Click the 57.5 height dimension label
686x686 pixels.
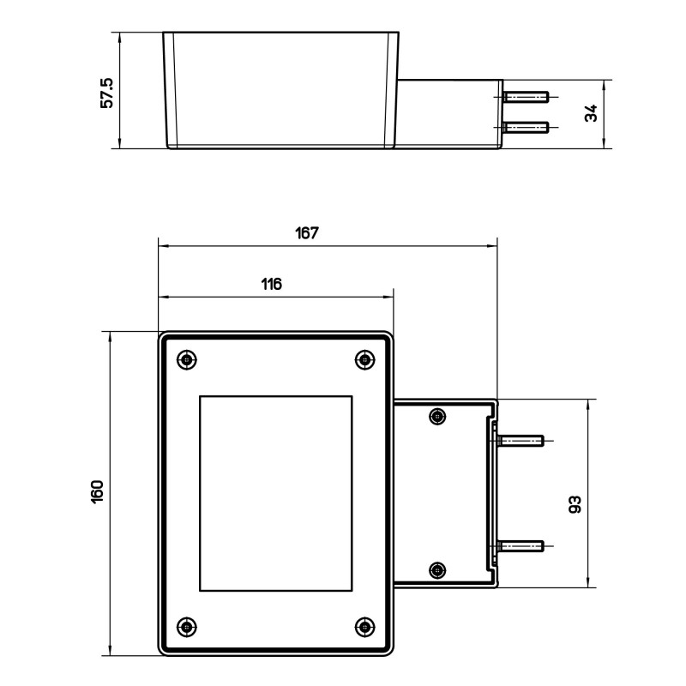pyautogui.click(x=107, y=90)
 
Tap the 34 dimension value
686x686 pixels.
pyautogui.click(x=591, y=113)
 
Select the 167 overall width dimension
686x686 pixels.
pyautogui.click(x=306, y=232)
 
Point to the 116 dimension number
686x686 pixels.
pyautogui.click(x=271, y=285)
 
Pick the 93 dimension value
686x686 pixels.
pyautogui.click(x=575, y=504)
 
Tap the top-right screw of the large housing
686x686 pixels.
pyautogui.click(x=364, y=359)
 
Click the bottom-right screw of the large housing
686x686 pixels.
pyautogui.click(x=364, y=626)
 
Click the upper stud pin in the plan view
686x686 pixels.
pyautogui.click(x=521, y=441)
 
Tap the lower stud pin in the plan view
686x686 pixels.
pyautogui.click(x=521, y=545)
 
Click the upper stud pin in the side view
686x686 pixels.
pyautogui.click(x=526, y=97)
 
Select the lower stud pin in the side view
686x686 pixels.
pyautogui.click(x=526, y=128)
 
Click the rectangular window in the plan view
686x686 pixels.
pyautogui.click(x=276, y=493)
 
